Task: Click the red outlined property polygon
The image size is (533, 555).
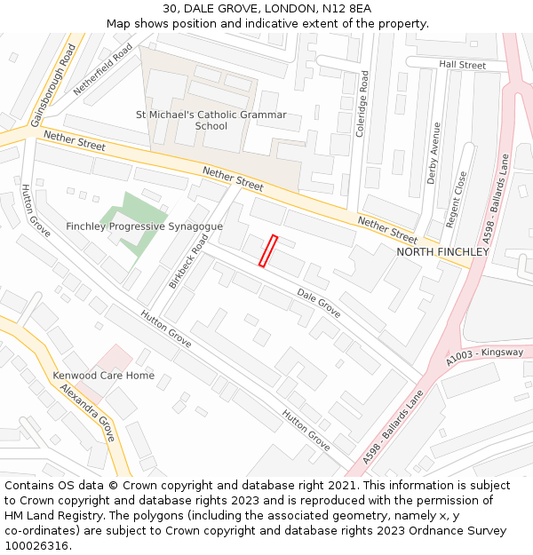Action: pos(268,250)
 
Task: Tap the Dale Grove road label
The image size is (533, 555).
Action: pos(318,303)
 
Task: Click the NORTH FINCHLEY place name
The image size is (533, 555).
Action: pos(442,252)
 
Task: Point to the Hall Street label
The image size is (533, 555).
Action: pos(462,65)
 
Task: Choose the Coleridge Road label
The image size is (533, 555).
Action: pos(362,105)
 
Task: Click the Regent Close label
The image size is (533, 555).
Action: pos(460,198)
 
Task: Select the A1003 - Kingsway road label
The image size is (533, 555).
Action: pos(485,358)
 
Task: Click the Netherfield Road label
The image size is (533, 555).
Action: pos(103,69)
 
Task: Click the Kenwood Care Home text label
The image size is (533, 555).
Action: pos(103,376)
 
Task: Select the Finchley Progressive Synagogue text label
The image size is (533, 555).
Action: pos(144,226)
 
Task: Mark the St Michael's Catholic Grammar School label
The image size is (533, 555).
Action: pos(211,120)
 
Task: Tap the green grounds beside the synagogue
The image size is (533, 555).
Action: pos(133,208)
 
